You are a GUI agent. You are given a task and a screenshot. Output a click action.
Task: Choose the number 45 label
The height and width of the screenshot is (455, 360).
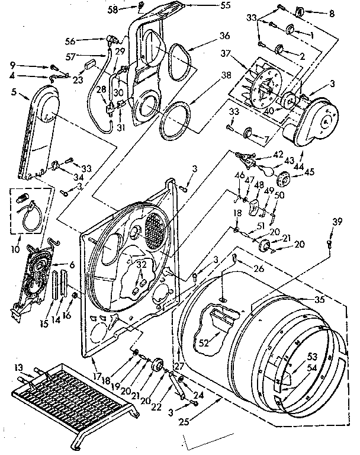[x=310, y=173]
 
